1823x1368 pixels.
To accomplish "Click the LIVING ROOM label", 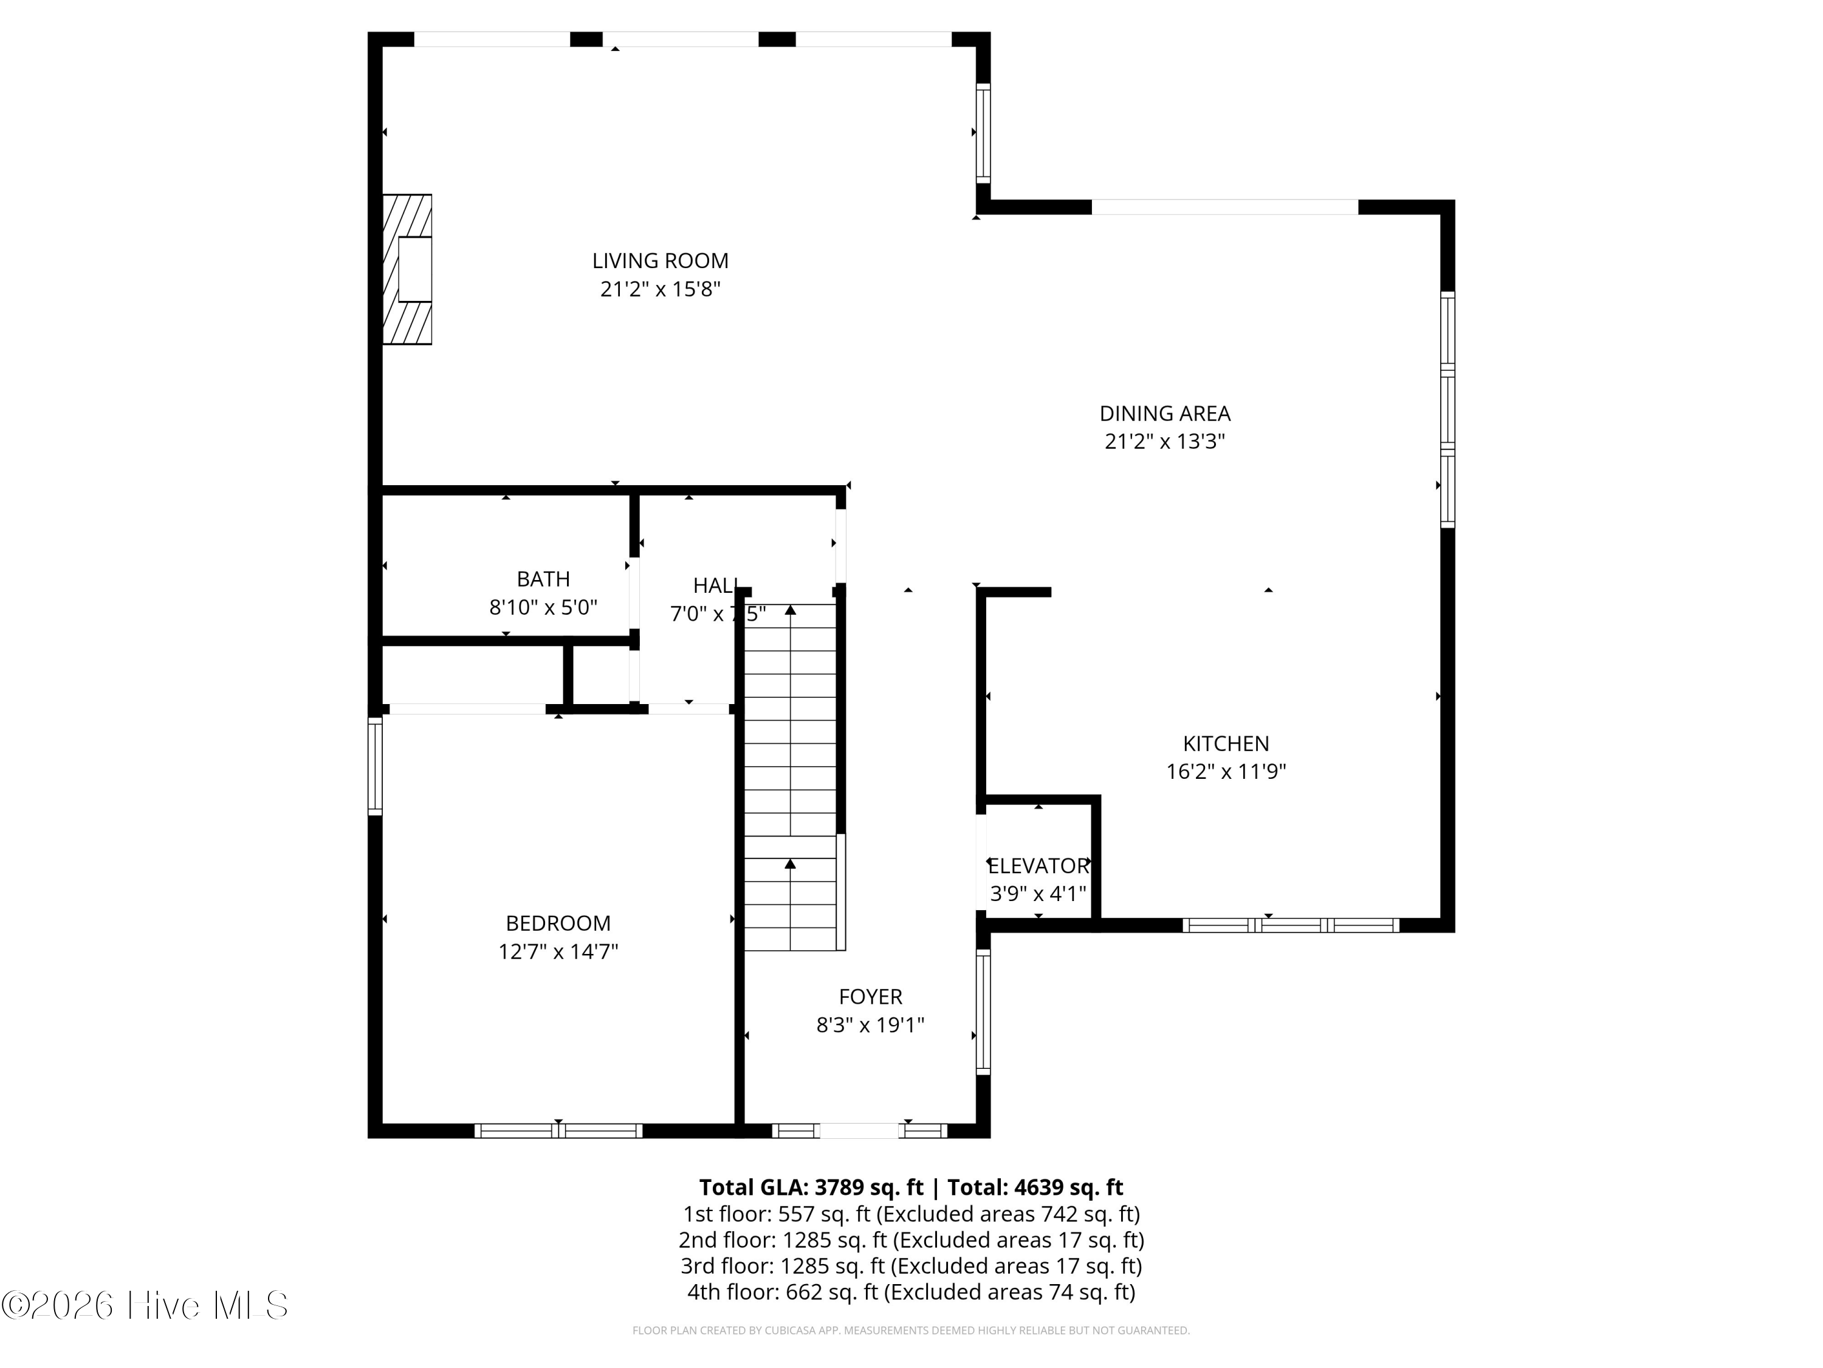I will point(660,261).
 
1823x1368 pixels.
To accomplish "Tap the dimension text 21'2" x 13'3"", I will point(1164,441).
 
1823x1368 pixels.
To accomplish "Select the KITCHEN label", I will point(1226,743).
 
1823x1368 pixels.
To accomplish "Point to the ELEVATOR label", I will point(1038,866).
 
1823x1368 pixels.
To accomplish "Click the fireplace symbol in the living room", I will point(407,269).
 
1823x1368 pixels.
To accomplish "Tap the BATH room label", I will point(543,579).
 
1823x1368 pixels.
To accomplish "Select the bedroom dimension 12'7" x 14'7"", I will point(558,952).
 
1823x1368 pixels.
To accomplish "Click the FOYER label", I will point(870,997).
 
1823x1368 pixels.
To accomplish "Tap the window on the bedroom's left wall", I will point(375,766).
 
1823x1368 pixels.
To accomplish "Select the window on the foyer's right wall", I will point(983,1012).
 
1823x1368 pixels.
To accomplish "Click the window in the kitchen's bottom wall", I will point(1291,925).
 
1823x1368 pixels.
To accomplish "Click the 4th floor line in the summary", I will point(911,1292).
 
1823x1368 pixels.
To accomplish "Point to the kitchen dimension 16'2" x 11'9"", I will point(1226,772).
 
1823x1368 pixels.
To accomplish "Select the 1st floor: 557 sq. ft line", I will point(911,1214).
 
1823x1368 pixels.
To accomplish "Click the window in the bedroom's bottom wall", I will point(558,1130).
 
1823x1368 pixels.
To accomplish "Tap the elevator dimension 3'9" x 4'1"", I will point(1038,894).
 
